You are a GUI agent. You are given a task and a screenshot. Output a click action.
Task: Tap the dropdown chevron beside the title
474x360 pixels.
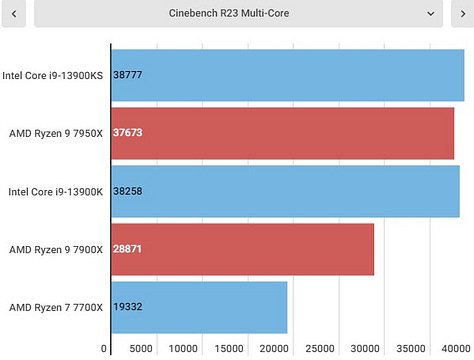(x=431, y=14)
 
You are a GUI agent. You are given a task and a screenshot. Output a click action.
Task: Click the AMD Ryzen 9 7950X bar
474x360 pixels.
(x=282, y=132)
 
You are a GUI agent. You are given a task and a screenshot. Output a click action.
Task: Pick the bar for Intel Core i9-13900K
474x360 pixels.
(x=285, y=190)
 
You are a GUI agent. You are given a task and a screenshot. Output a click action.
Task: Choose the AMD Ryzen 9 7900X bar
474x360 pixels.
(x=242, y=248)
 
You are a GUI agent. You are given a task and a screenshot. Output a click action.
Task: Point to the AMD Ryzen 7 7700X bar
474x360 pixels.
(x=199, y=306)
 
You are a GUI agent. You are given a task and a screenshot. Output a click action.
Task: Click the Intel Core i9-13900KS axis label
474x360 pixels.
(x=52, y=74)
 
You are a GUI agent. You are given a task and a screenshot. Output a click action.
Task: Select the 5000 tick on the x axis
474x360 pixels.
(x=141, y=349)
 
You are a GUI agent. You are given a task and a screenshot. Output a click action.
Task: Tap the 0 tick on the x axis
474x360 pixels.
(x=104, y=349)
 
